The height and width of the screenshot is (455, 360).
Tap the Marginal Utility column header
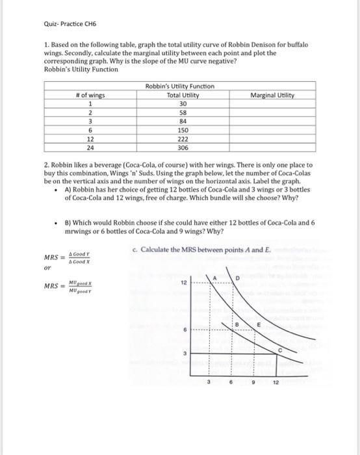click(x=272, y=96)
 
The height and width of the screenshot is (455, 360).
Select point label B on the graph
click(x=238, y=323)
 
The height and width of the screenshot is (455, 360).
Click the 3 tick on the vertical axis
click(x=185, y=354)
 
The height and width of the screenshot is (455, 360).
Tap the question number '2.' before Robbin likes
click(x=47, y=165)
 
